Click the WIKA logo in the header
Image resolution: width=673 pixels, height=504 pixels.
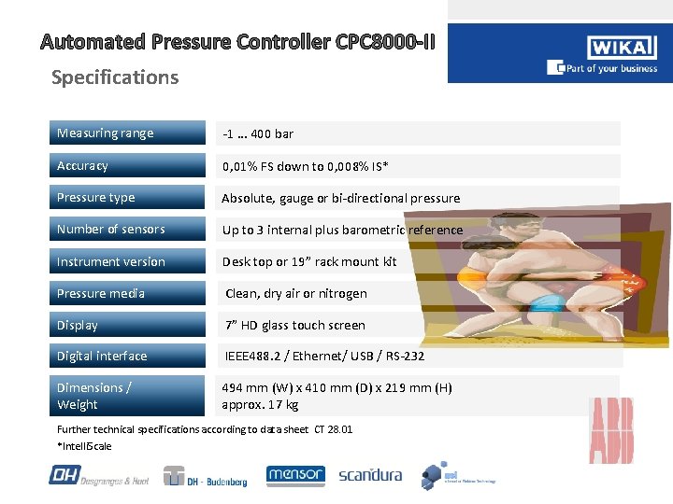(622, 49)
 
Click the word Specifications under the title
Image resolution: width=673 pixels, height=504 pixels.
(115, 77)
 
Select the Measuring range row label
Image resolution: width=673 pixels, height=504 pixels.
(127, 133)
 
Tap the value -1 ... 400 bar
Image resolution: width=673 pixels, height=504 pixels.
(258, 134)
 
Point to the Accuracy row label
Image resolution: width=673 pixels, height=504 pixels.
(127, 166)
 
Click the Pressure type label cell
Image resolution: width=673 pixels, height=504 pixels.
(127, 198)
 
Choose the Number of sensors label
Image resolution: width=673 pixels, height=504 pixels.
(127, 230)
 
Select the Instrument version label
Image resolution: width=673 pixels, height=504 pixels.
(127, 262)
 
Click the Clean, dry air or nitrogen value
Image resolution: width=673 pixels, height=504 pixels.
(296, 294)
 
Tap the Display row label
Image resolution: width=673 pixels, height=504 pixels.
(127, 326)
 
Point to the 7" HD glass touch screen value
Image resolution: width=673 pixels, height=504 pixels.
(294, 326)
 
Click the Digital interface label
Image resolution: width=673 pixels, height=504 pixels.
(127, 357)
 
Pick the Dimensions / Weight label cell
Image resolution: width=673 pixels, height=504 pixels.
(127, 396)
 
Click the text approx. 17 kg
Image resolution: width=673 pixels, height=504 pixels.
(260, 405)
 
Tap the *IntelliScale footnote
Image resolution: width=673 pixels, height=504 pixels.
(84, 446)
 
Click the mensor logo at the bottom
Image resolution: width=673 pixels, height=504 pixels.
(295, 475)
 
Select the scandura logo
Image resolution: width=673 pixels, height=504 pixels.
(370, 475)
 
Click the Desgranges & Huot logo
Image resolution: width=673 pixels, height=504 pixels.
(99, 476)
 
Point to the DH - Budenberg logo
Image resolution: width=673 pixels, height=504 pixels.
(206, 476)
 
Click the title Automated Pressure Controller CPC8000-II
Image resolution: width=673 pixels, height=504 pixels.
(237, 42)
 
